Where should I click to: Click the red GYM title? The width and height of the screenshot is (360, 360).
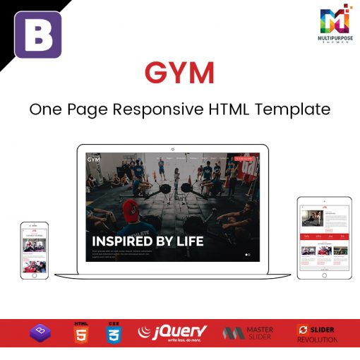[x=179, y=73]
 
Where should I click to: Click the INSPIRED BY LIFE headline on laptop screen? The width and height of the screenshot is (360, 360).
[x=148, y=241]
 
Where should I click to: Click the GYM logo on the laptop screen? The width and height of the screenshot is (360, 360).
[x=94, y=159]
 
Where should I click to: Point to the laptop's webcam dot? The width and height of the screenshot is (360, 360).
[x=172, y=149]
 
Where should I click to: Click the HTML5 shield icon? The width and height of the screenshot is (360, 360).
[x=80, y=332]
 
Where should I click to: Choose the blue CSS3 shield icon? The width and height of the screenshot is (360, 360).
[x=113, y=332]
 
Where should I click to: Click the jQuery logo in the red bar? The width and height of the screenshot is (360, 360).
[x=173, y=332]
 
